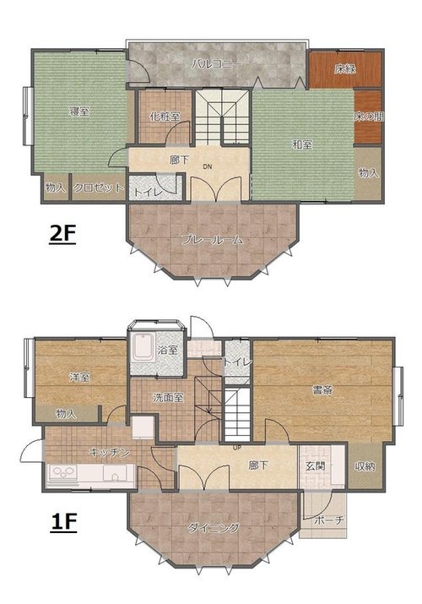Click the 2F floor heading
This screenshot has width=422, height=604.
click(x=62, y=234)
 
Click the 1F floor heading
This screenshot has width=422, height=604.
click(x=63, y=522)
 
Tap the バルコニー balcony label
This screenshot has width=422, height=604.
click(x=217, y=63)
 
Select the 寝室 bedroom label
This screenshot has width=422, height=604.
click(x=79, y=112)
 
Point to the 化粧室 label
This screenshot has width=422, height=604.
click(x=165, y=116)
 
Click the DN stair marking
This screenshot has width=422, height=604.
click(x=208, y=166)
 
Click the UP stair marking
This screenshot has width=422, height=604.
click(x=236, y=448)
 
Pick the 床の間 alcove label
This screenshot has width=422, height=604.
click(x=369, y=117)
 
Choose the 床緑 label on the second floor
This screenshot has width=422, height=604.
click(x=345, y=69)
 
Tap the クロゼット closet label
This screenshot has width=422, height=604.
click(x=99, y=188)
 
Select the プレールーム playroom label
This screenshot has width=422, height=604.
click(x=213, y=240)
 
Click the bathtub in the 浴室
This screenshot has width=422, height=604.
click(x=143, y=347)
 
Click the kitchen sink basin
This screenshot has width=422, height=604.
click(x=115, y=473)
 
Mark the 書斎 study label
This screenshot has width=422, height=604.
click(x=322, y=390)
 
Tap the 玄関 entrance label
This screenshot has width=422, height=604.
click(x=316, y=466)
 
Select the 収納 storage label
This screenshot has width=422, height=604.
click(x=365, y=467)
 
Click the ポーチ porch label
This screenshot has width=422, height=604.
click(x=328, y=520)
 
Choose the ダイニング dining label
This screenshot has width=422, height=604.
click(x=214, y=528)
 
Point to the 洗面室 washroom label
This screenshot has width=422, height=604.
click(x=168, y=398)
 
